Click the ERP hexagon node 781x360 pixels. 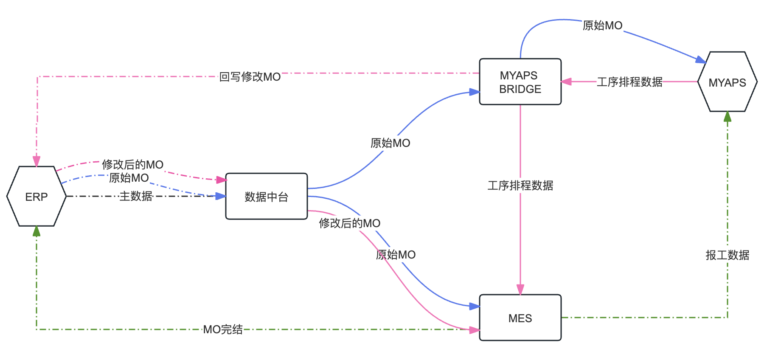pyautogui.click(x=37, y=197)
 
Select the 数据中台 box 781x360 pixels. pyautogui.click(x=266, y=197)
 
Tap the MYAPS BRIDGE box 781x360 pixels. pyautogui.click(x=520, y=82)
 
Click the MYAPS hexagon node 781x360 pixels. pyautogui.click(x=727, y=82)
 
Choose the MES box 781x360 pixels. pyautogui.click(x=520, y=318)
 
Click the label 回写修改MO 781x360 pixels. pyautogui.click(x=250, y=77)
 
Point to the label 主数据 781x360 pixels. pyautogui.click(x=136, y=196)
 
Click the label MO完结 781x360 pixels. pyautogui.click(x=223, y=329)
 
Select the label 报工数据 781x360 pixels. pyautogui.click(x=727, y=255)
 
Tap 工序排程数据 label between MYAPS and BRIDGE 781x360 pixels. pyautogui.click(x=629, y=82)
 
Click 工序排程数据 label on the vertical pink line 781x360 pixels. pyautogui.click(x=520, y=186)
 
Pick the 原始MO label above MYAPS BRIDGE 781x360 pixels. pyautogui.click(x=602, y=25)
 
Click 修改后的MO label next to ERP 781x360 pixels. pyautogui.click(x=132, y=165)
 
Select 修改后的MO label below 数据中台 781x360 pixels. pyautogui.click(x=349, y=223)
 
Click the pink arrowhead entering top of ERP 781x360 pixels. pyautogui.click(x=37, y=162)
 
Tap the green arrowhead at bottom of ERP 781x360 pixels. pyautogui.click(x=37, y=231)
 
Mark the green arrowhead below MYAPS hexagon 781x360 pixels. pyautogui.click(x=728, y=116)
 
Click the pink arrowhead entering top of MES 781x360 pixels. pyautogui.click(x=520, y=290)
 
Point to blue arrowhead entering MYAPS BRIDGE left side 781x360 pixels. pyautogui.click(x=475, y=92)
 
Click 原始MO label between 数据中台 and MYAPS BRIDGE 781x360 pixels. pyautogui.click(x=390, y=143)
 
